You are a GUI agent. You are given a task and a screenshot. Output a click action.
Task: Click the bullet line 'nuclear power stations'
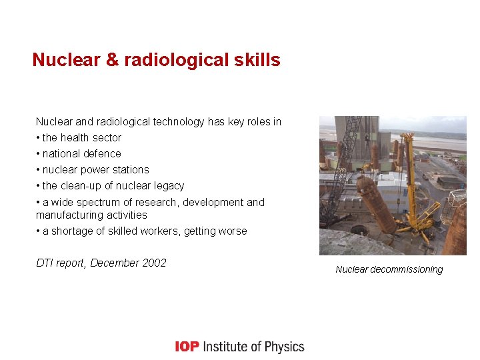(x=95, y=170)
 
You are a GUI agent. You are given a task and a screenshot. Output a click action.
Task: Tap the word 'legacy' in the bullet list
(x=167, y=186)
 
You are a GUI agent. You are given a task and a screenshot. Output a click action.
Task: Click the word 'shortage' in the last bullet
(x=70, y=231)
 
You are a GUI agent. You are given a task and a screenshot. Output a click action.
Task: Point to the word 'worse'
(x=232, y=231)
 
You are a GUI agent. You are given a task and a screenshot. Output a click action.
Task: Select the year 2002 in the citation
(x=154, y=263)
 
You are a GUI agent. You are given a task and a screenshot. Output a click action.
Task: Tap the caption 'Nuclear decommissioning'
(x=389, y=269)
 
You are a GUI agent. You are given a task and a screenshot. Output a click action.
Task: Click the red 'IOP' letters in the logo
(x=187, y=347)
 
